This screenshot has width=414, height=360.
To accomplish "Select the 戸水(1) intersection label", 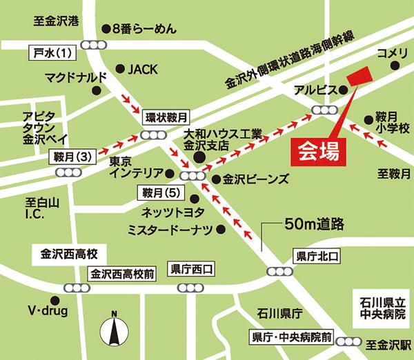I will [x=52, y=52].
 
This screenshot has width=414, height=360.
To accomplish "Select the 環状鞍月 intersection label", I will [x=166, y=117].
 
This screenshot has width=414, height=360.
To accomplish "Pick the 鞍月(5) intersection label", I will [x=160, y=191].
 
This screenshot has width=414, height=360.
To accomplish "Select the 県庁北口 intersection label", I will [x=317, y=256].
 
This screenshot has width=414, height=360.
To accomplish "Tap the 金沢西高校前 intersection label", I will [x=121, y=273].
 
